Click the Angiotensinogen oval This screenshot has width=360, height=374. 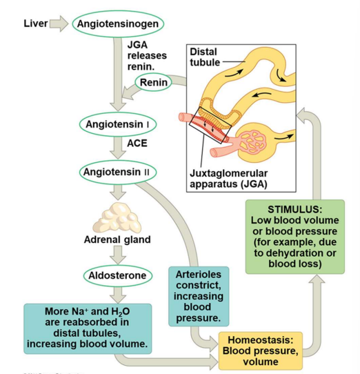point(118,24)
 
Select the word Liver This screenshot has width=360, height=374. point(35,23)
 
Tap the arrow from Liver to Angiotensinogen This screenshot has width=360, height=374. point(59,24)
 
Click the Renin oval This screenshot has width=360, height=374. point(153,83)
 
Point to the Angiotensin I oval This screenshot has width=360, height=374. point(118,124)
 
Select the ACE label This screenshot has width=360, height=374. point(137,144)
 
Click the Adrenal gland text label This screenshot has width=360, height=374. point(117,239)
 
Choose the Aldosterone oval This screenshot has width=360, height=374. point(118,276)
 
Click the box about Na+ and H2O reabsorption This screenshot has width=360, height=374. point(87,327)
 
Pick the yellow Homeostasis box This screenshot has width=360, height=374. point(261,351)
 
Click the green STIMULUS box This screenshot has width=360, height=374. point(294,237)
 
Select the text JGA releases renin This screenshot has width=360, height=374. point(146,55)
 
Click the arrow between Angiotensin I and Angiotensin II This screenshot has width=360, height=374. point(118,147)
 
